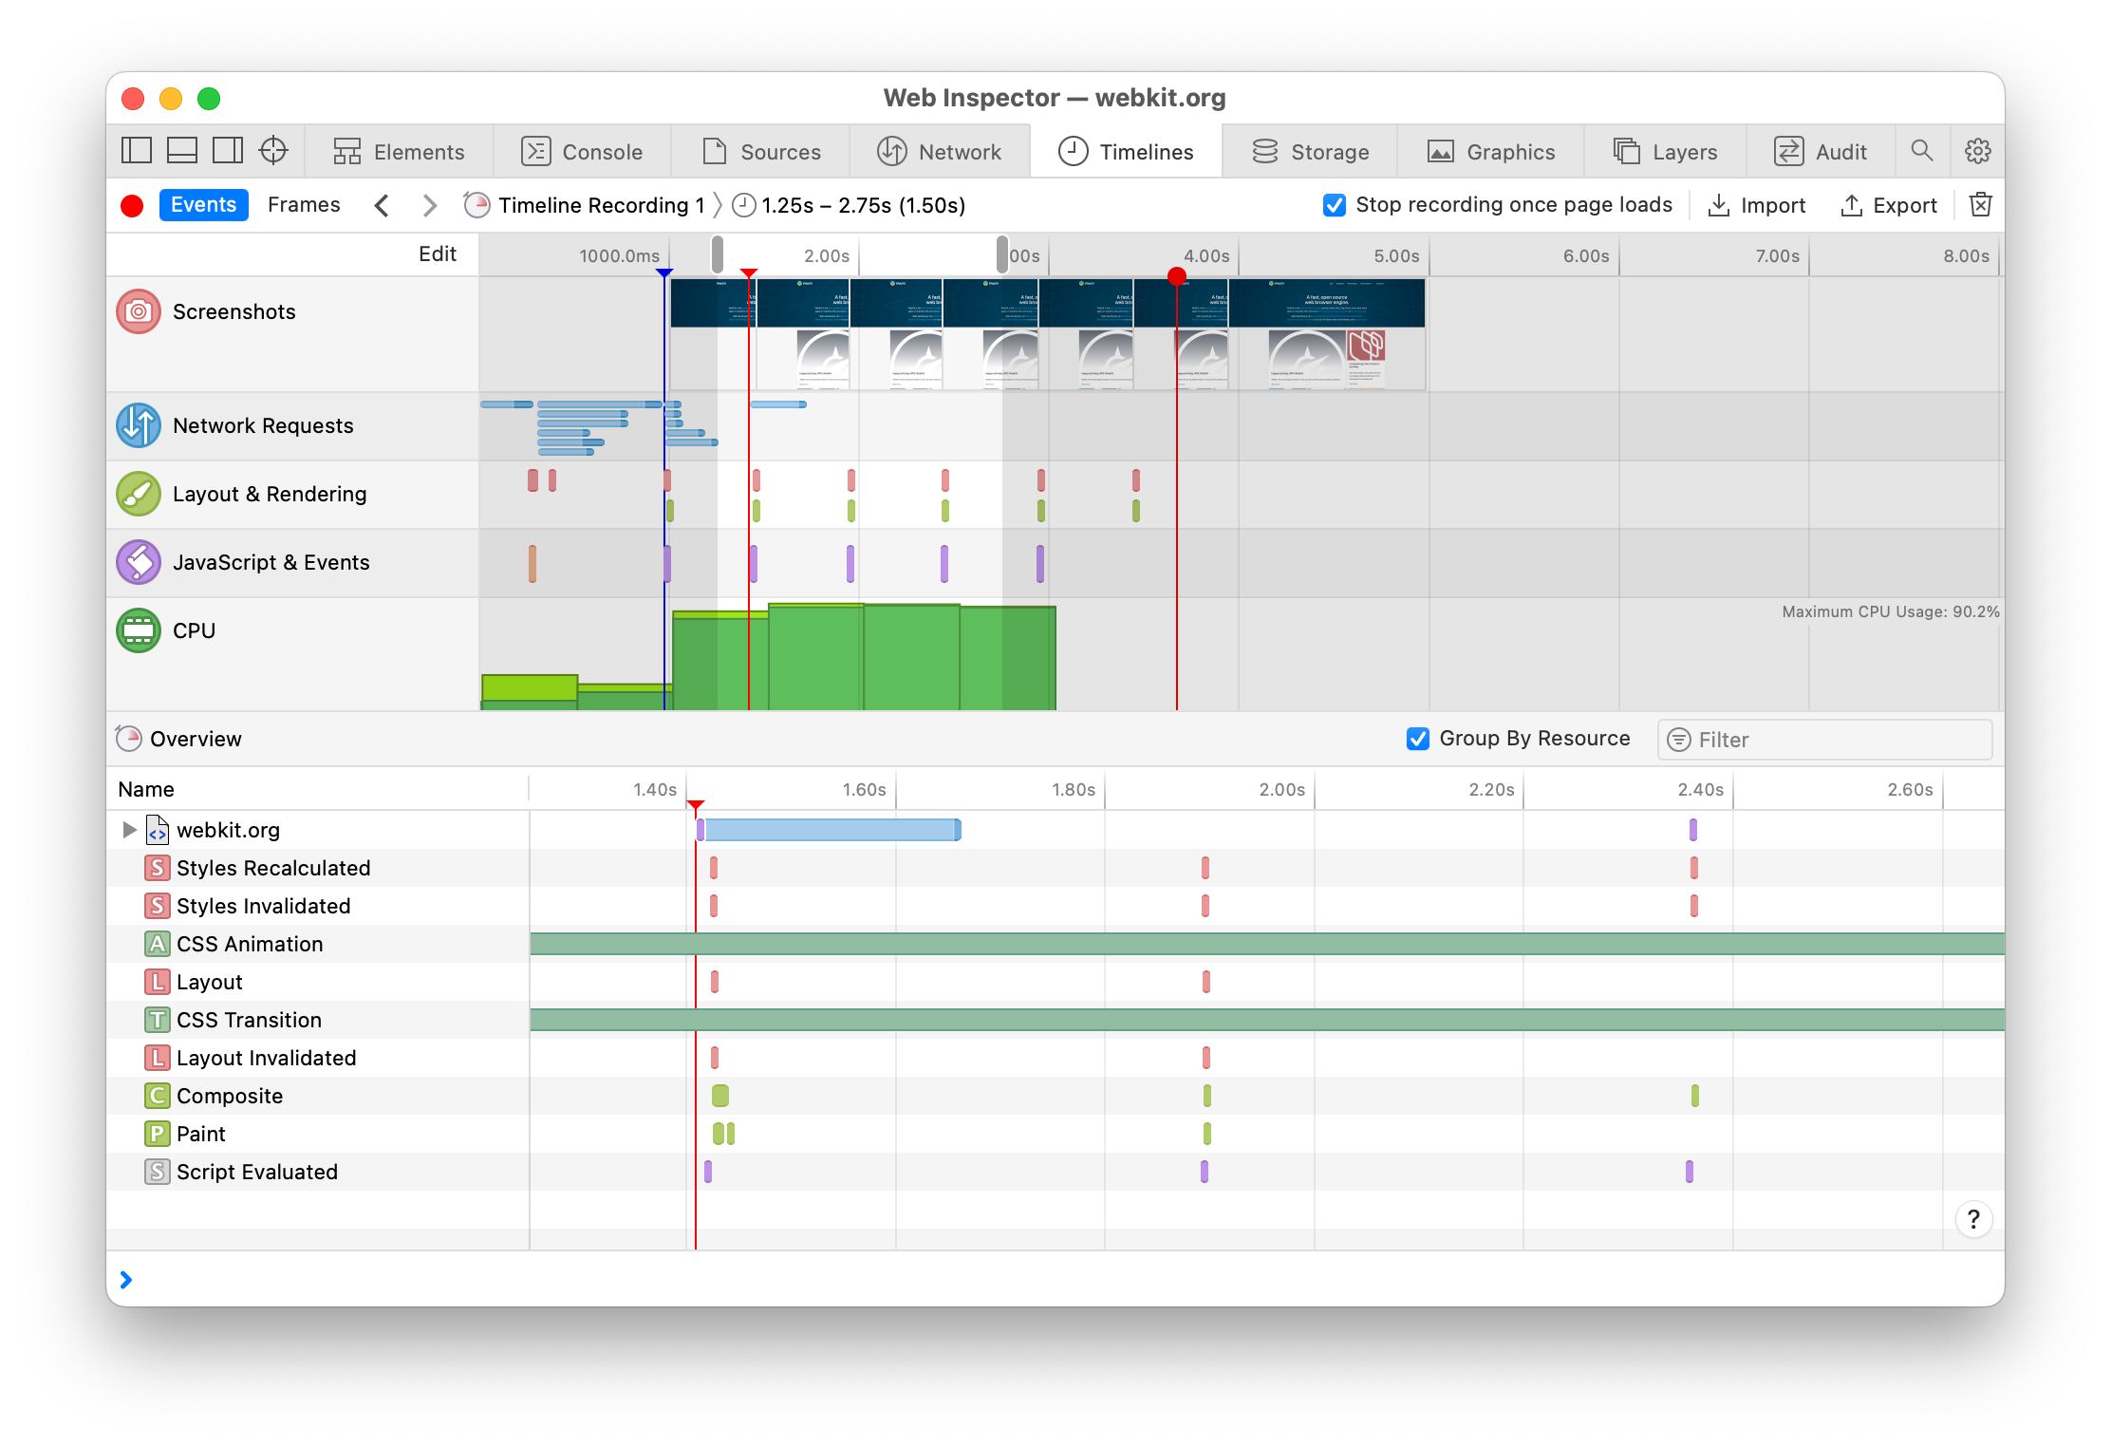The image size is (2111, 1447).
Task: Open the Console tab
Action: pyautogui.click(x=582, y=152)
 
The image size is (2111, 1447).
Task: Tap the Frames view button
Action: pyautogui.click(x=304, y=205)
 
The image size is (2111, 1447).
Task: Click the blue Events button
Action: pyautogui.click(x=203, y=205)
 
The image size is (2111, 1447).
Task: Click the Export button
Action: pyautogui.click(x=1889, y=205)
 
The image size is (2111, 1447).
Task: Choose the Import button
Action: pyautogui.click(x=1757, y=205)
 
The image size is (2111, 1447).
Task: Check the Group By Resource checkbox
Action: pyautogui.click(x=1418, y=739)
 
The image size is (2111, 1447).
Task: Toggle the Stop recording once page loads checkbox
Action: pyautogui.click(x=1335, y=205)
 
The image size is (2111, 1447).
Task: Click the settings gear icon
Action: pyautogui.click(x=1978, y=151)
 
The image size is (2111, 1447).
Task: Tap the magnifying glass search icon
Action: pyautogui.click(x=1922, y=151)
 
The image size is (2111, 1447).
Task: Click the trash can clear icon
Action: pyautogui.click(x=1981, y=205)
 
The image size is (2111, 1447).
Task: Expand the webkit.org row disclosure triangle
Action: pyautogui.click(x=130, y=830)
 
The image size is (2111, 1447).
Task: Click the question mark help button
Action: pyautogui.click(x=1973, y=1219)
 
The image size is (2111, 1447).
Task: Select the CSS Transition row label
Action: pyautogui.click(x=249, y=1020)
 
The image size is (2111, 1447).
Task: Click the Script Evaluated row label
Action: pyautogui.click(x=256, y=1172)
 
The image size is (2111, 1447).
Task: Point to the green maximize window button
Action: pyautogui.click(x=209, y=99)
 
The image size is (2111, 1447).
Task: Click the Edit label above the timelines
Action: pyautogui.click(x=438, y=254)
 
